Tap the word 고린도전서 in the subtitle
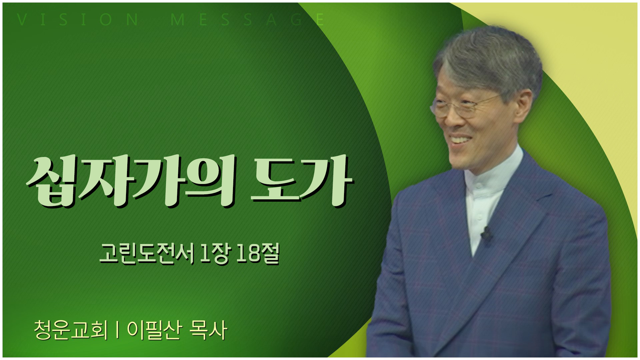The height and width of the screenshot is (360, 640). pyautogui.click(x=147, y=255)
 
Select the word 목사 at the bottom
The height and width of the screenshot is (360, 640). pyautogui.click(x=208, y=330)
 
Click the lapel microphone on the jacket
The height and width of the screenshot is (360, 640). pyautogui.click(x=486, y=233)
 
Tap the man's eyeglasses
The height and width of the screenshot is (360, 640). pyautogui.click(x=465, y=105)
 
